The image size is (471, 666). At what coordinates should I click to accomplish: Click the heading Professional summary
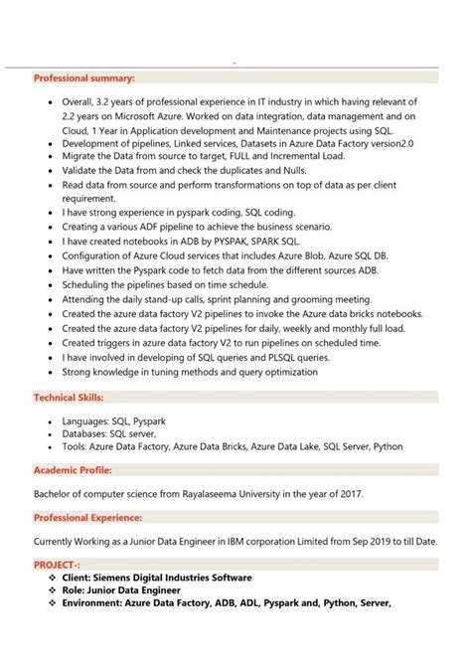[84, 78]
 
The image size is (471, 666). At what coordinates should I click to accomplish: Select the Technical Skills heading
[74, 398]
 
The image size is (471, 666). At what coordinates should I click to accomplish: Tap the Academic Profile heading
[73, 469]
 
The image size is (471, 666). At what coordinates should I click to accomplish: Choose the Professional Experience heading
[87, 517]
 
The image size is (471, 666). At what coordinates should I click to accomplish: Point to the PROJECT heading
[60, 564]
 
